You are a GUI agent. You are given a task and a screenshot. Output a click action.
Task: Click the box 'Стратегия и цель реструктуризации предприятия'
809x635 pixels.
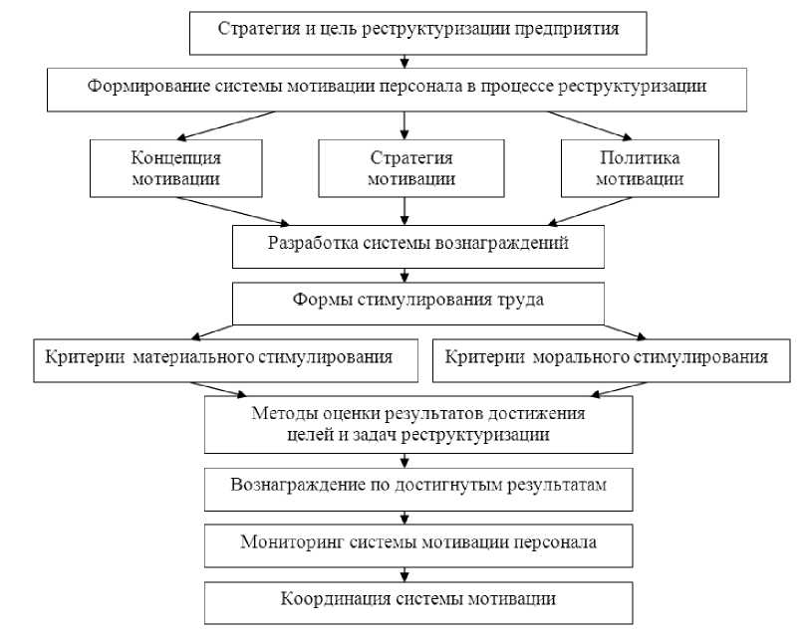pyautogui.click(x=418, y=30)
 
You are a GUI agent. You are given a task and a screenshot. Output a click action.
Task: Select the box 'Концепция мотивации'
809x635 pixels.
pyautogui.click(x=175, y=168)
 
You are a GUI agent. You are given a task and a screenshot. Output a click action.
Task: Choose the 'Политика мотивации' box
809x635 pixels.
pyautogui.click(x=639, y=168)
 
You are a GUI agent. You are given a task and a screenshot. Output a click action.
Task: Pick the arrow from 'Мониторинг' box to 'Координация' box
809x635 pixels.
pyautogui.click(x=404, y=572)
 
